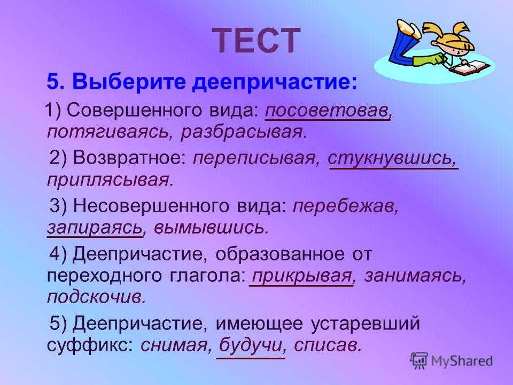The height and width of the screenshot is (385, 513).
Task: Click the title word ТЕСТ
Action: [256, 41]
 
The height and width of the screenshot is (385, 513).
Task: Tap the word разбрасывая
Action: [244, 132]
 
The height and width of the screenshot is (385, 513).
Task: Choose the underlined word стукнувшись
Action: [392, 158]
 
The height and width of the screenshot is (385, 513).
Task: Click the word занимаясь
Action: [415, 276]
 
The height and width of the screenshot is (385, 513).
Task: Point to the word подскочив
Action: [96, 297]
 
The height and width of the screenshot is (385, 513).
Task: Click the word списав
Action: [328, 345]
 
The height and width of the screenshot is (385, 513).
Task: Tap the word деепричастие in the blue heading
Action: [275, 82]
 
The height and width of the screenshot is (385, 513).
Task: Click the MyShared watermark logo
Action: [452, 361]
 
